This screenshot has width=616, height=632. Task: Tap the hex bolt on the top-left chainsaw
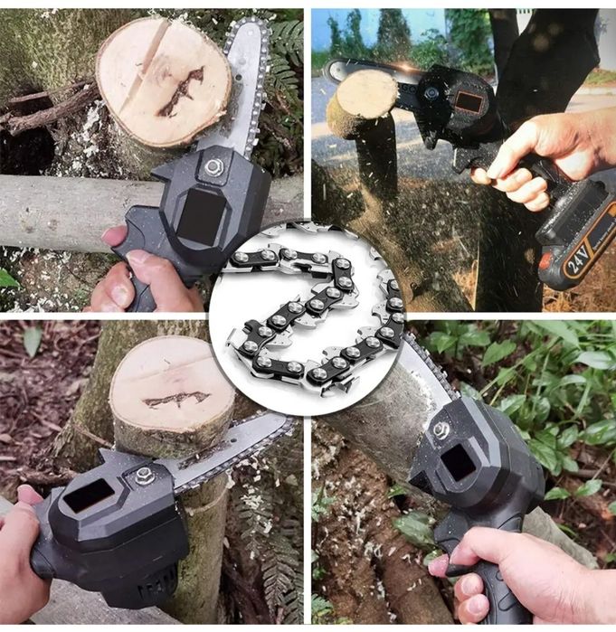[212, 165]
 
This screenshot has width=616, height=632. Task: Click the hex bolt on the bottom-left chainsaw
[142, 476]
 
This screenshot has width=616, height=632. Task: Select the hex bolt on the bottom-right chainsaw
[441, 430]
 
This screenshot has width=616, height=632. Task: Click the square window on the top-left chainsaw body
[201, 211]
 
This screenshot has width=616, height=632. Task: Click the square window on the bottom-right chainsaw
[458, 464]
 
